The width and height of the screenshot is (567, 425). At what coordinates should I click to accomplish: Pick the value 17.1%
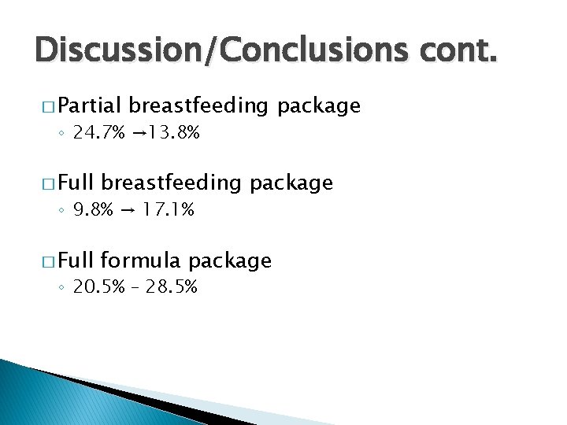click(x=167, y=210)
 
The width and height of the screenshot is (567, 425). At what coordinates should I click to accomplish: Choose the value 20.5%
click(x=98, y=287)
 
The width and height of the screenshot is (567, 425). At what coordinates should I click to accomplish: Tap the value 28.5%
click(x=171, y=287)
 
